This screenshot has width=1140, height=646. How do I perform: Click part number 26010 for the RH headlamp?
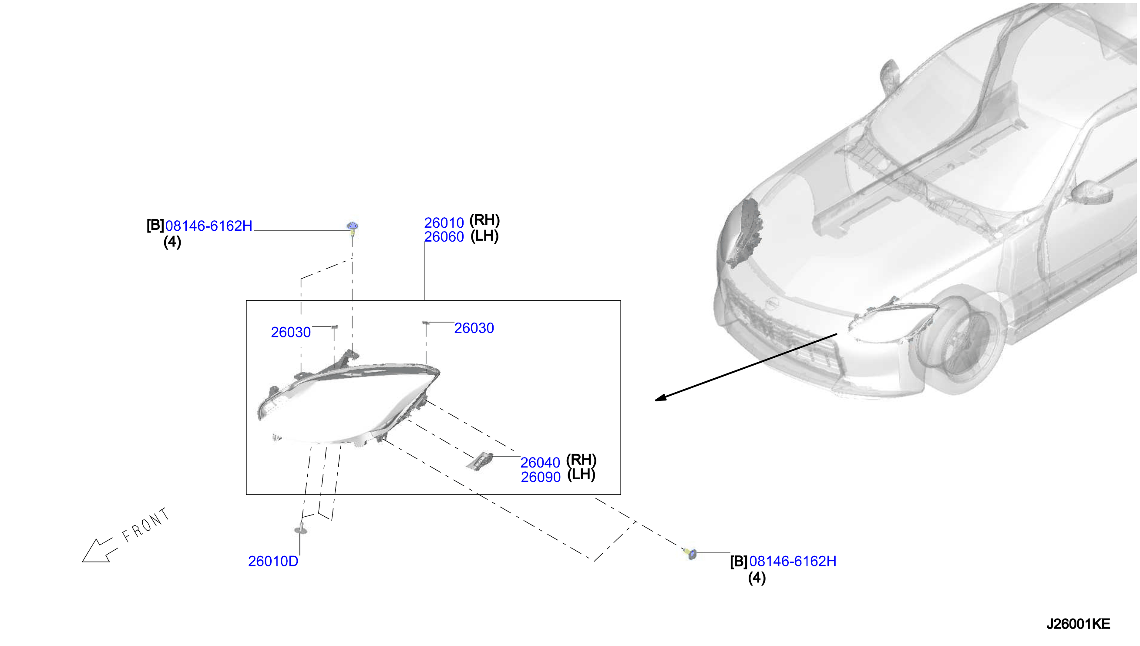point(444,223)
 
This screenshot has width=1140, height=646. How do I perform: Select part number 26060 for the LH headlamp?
point(444,237)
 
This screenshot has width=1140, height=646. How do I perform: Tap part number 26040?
point(540,463)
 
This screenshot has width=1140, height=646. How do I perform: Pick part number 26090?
point(540,477)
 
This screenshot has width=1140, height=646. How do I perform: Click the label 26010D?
point(273,561)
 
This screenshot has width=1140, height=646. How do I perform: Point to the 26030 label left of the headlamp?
point(290,332)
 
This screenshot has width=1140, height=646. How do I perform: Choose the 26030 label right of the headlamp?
point(474,328)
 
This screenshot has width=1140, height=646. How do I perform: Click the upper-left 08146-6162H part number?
point(208,226)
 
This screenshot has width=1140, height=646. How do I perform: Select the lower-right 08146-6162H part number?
point(793,561)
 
